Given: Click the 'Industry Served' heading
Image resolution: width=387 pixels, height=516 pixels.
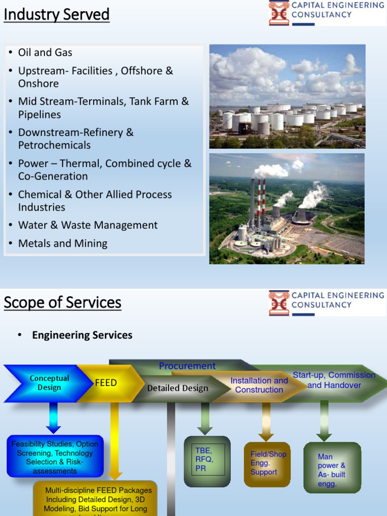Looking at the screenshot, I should coord(56,15).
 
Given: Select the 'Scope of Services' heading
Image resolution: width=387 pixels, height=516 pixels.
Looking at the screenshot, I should coord(62,302).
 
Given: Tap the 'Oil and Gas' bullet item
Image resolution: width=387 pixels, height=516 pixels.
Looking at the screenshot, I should coord(45,52).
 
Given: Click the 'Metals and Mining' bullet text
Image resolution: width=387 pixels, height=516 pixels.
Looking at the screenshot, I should coord(62,243).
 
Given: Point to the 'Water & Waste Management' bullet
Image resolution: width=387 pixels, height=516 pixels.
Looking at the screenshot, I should coord(88,225).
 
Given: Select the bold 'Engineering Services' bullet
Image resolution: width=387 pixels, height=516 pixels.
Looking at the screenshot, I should coord(82,335).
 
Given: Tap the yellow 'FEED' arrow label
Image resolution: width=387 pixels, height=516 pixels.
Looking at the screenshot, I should coord(106,383).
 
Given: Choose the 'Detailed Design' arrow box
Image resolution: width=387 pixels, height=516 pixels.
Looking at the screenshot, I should coord(177,388).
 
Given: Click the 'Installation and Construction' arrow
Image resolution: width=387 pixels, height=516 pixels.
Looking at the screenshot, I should coord(259,385).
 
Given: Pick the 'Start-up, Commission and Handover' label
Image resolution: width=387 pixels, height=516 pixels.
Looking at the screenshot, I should coord(334,380).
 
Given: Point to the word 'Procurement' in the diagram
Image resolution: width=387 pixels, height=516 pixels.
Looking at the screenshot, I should coord(187,366).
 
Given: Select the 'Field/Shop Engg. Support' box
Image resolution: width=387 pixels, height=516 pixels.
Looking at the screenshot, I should coord(268,464).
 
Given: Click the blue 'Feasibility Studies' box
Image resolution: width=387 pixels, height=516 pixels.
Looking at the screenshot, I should coord(55,457).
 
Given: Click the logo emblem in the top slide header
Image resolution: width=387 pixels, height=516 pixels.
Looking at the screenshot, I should coord(279,13).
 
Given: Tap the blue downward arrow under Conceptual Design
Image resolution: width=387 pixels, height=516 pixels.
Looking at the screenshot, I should coord(53,418).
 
